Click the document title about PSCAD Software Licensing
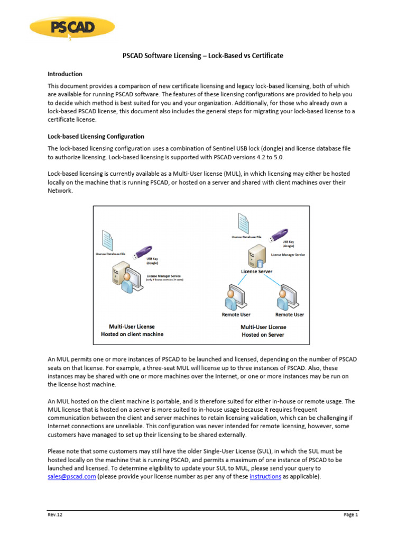coord(202,56)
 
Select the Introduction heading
coord(65,74)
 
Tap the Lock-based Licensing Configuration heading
coord(96,137)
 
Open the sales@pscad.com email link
coord(71,476)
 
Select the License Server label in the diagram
coord(256,272)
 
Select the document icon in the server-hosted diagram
coord(243,222)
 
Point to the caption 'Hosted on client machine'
coord(132,334)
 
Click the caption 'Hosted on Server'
coord(263,335)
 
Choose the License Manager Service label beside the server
coord(288,255)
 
